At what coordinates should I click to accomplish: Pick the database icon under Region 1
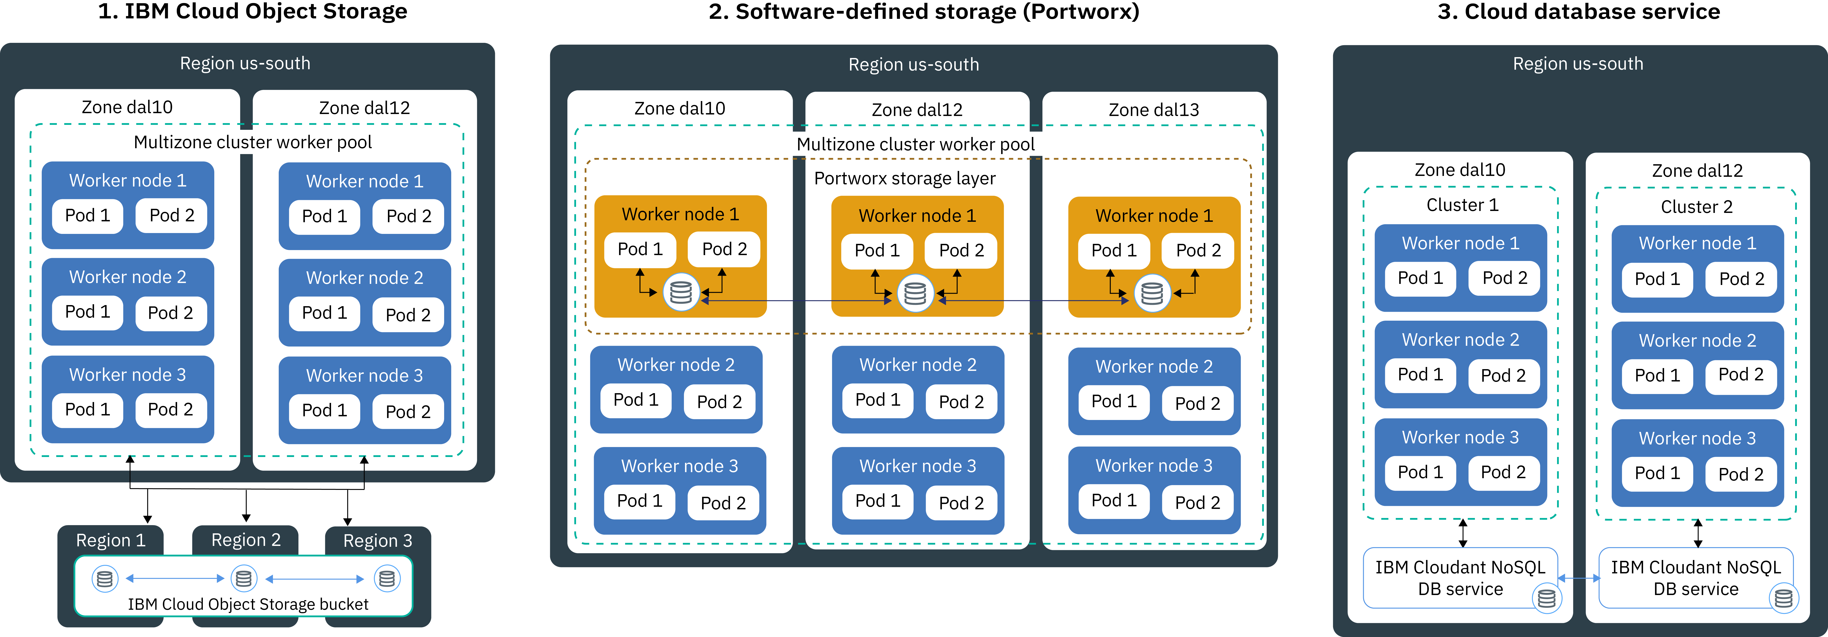[x=104, y=579]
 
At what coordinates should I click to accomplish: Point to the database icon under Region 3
[x=387, y=579]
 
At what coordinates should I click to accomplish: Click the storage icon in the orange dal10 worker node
[x=680, y=292]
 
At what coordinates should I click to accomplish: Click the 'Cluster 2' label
[x=1696, y=207]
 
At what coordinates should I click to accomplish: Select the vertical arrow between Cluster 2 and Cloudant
[x=1697, y=533]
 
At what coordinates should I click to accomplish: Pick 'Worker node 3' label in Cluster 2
[x=1697, y=438]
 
